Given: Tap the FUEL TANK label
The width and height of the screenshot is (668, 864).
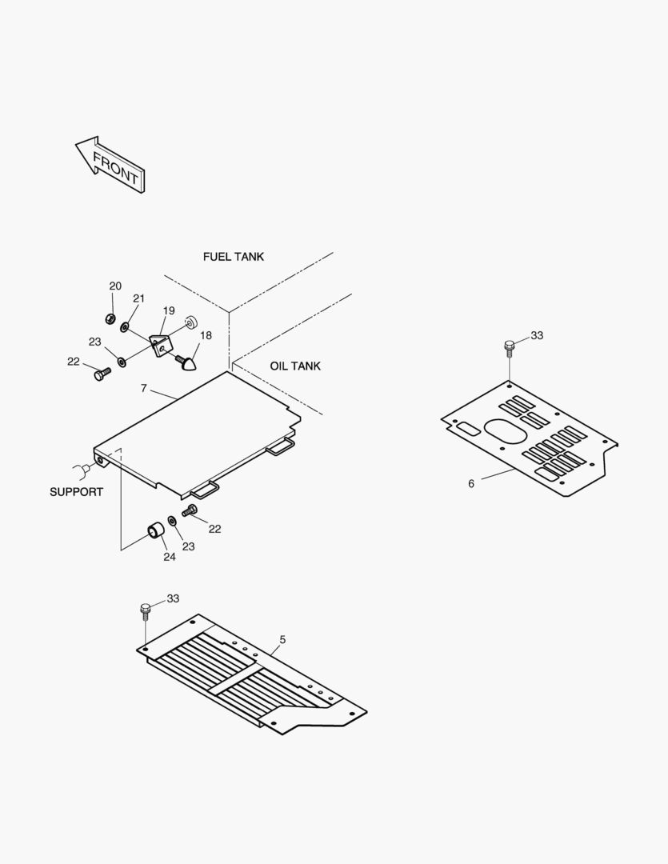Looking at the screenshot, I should click(233, 257).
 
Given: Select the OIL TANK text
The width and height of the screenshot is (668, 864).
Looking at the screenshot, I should click(295, 366).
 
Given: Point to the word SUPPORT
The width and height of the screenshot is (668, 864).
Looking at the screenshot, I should click(76, 492).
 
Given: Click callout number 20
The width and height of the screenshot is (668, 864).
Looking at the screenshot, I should click(115, 286).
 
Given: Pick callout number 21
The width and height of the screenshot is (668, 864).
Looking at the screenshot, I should click(139, 298).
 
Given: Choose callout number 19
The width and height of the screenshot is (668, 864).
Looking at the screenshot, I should click(169, 310).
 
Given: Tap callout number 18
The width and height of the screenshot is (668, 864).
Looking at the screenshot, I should click(206, 335).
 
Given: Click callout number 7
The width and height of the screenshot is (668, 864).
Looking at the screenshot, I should click(143, 388).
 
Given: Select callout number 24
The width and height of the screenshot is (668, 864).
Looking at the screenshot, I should click(170, 557).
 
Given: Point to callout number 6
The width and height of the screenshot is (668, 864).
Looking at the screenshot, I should click(471, 483).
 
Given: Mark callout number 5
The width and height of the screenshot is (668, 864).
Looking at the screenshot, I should click(282, 639).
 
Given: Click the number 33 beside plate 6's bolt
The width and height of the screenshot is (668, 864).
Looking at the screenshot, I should click(537, 335).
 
